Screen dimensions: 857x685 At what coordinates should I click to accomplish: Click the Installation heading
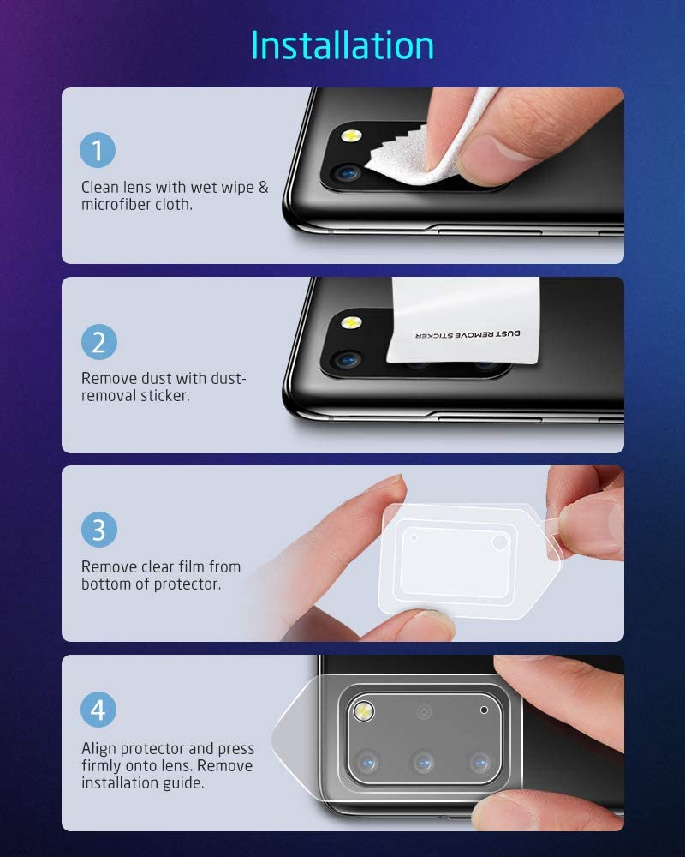pos(342,45)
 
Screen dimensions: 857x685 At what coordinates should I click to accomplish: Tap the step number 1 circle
pos(98,151)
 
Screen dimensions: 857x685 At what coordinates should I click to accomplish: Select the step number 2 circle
pos(98,342)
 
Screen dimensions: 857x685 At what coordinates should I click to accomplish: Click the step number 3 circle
pos(98,529)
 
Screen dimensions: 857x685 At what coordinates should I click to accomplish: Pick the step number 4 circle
pos(98,710)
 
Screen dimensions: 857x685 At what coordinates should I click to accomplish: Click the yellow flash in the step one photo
pos(350,136)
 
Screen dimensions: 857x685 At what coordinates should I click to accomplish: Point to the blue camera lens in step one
pos(348,172)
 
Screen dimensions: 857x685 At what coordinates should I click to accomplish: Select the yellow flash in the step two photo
pos(350,324)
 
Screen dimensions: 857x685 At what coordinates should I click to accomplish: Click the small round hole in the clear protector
pos(414,537)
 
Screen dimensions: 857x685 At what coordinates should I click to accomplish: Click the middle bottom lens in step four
pos(421,759)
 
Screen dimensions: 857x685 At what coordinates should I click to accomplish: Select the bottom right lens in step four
pos(479,759)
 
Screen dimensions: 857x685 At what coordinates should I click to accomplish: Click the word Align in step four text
pos(100,748)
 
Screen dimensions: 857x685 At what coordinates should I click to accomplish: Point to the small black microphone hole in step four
pos(485,710)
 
